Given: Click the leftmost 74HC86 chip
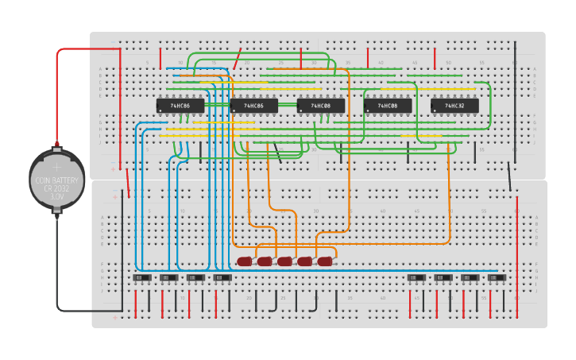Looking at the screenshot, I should click(180, 106).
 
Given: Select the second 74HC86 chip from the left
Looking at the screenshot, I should click(253, 106).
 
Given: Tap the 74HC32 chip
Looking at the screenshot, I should click(454, 106).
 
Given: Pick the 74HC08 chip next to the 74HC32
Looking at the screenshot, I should click(388, 106).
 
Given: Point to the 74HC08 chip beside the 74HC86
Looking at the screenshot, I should click(321, 106).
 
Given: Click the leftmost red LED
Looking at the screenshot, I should click(244, 261).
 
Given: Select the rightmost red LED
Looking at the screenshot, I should click(325, 261).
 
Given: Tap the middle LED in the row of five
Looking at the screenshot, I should click(284, 261).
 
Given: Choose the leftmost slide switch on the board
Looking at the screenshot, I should click(142, 278).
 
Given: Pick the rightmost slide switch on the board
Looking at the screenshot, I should click(497, 278).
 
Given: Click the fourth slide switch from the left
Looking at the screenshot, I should click(222, 278).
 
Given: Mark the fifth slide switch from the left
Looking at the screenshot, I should click(416, 278).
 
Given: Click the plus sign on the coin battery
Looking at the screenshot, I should click(56, 168).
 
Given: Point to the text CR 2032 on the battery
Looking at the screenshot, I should click(56, 188).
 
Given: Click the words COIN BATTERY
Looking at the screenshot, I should click(56, 180).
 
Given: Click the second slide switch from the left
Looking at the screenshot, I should click(169, 278).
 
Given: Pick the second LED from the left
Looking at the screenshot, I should click(265, 261).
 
